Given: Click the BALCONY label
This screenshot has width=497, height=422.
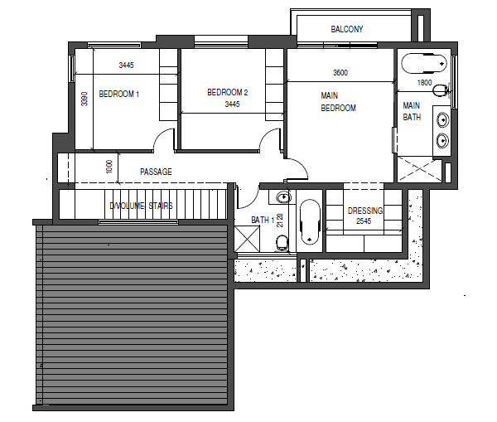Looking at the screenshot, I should pyautogui.click(x=346, y=30).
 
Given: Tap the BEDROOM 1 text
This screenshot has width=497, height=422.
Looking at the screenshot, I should pyautogui.click(x=118, y=95).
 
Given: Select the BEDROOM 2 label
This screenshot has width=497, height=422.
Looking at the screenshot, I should pyautogui.click(x=228, y=92).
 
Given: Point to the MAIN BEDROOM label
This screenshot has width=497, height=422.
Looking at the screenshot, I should pyautogui.click(x=338, y=102).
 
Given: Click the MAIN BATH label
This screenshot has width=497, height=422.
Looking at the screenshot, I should pyautogui.click(x=412, y=111).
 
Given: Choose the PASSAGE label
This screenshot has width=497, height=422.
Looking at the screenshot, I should pyautogui.click(x=156, y=172).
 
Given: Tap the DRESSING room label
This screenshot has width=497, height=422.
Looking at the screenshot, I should pyautogui.click(x=364, y=211).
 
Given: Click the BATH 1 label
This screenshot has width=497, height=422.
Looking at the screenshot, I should pyautogui.click(x=263, y=220).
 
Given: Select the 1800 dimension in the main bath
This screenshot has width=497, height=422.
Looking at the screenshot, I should pyautogui.click(x=423, y=83).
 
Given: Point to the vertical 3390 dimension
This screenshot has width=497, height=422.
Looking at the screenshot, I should pyautogui.click(x=84, y=99).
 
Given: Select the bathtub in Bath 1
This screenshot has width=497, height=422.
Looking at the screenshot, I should pyautogui.click(x=310, y=221).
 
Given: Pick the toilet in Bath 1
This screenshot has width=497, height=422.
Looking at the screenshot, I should pyautogui.click(x=282, y=241).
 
